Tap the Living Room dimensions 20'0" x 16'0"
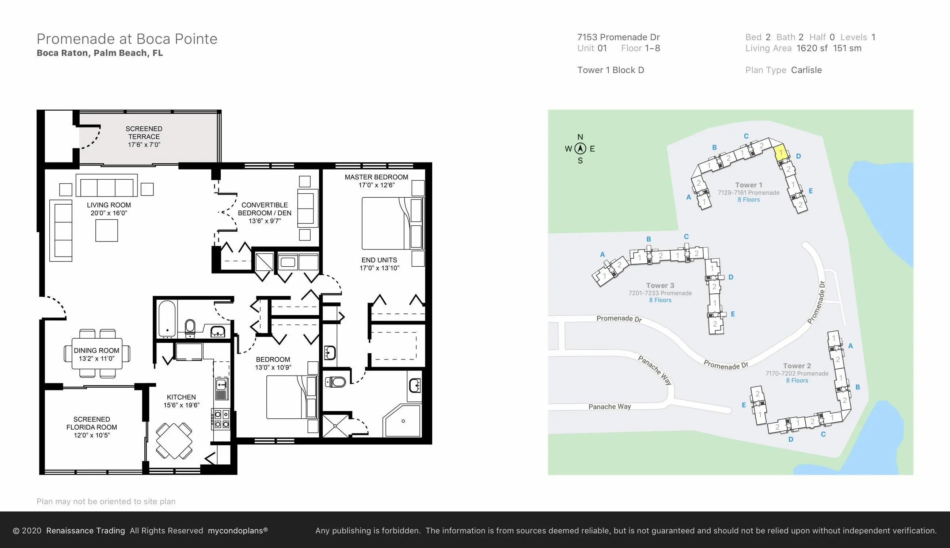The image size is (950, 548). [109, 213]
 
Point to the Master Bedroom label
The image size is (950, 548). [376, 177]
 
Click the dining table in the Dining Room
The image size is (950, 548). [97, 354]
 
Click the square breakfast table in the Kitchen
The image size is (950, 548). [174, 441]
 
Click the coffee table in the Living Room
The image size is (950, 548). [107, 230]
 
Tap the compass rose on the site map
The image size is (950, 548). [580, 149]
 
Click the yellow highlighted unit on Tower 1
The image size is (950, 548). [780, 152]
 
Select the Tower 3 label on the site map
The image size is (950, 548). [660, 285]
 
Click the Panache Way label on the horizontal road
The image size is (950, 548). [610, 407]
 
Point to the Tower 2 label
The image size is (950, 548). [797, 366]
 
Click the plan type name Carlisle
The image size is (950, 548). [806, 70]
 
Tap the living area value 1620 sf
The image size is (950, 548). [812, 48]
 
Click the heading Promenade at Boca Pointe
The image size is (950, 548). [127, 39]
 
